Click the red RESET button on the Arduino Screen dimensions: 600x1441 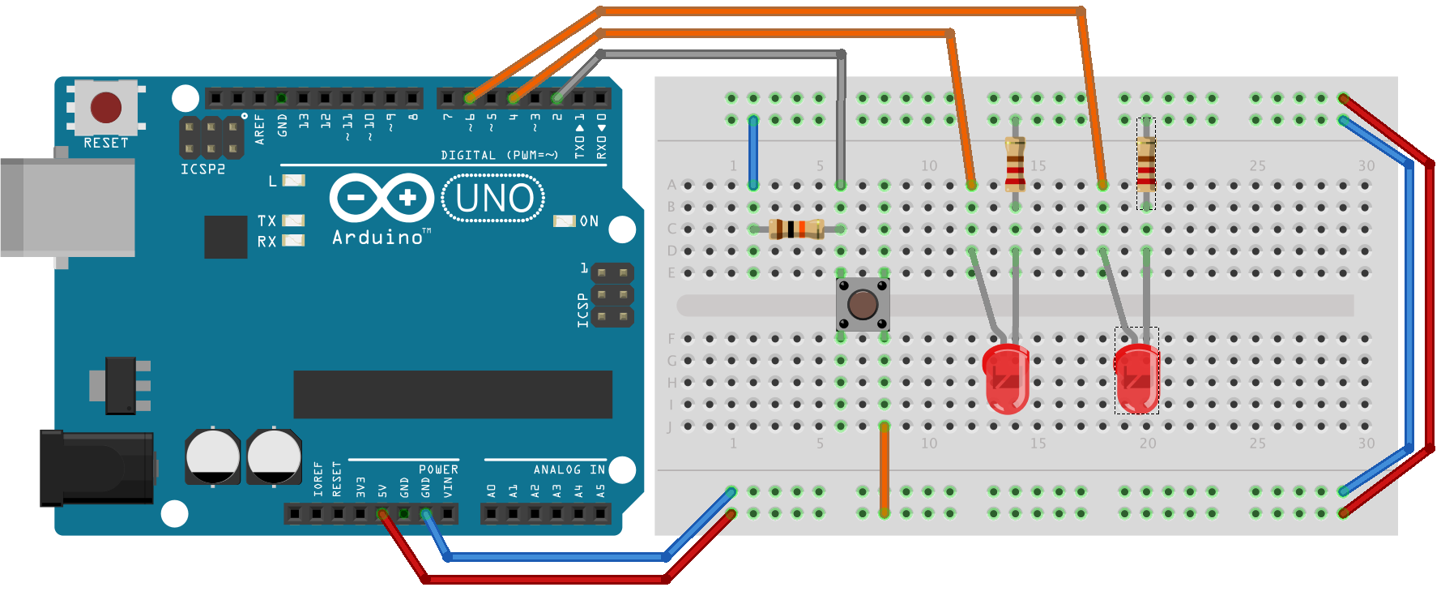click(106, 107)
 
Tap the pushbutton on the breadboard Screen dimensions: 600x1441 click(863, 304)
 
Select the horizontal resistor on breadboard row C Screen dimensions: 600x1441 click(796, 229)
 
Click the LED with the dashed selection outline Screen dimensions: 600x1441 click(1136, 377)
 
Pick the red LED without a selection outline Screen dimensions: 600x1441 click(1005, 377)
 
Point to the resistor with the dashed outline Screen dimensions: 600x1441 click(1145, 164)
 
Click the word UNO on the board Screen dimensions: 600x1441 click(494, 199)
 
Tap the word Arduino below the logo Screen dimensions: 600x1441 click(377, 238)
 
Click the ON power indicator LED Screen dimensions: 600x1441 click(564, 221)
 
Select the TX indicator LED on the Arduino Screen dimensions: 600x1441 click(293, 221)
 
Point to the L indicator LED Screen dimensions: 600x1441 click(293, 180)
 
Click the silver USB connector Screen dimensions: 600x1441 click(68, 208)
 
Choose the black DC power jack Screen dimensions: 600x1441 click(97, 468)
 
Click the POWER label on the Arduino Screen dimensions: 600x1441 click(438, 469)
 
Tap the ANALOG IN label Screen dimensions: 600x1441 click(569, 469)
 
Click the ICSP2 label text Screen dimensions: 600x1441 click(203, 169)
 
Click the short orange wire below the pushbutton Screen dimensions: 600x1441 click(885, 470)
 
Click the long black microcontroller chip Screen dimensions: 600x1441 click(452, 395)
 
